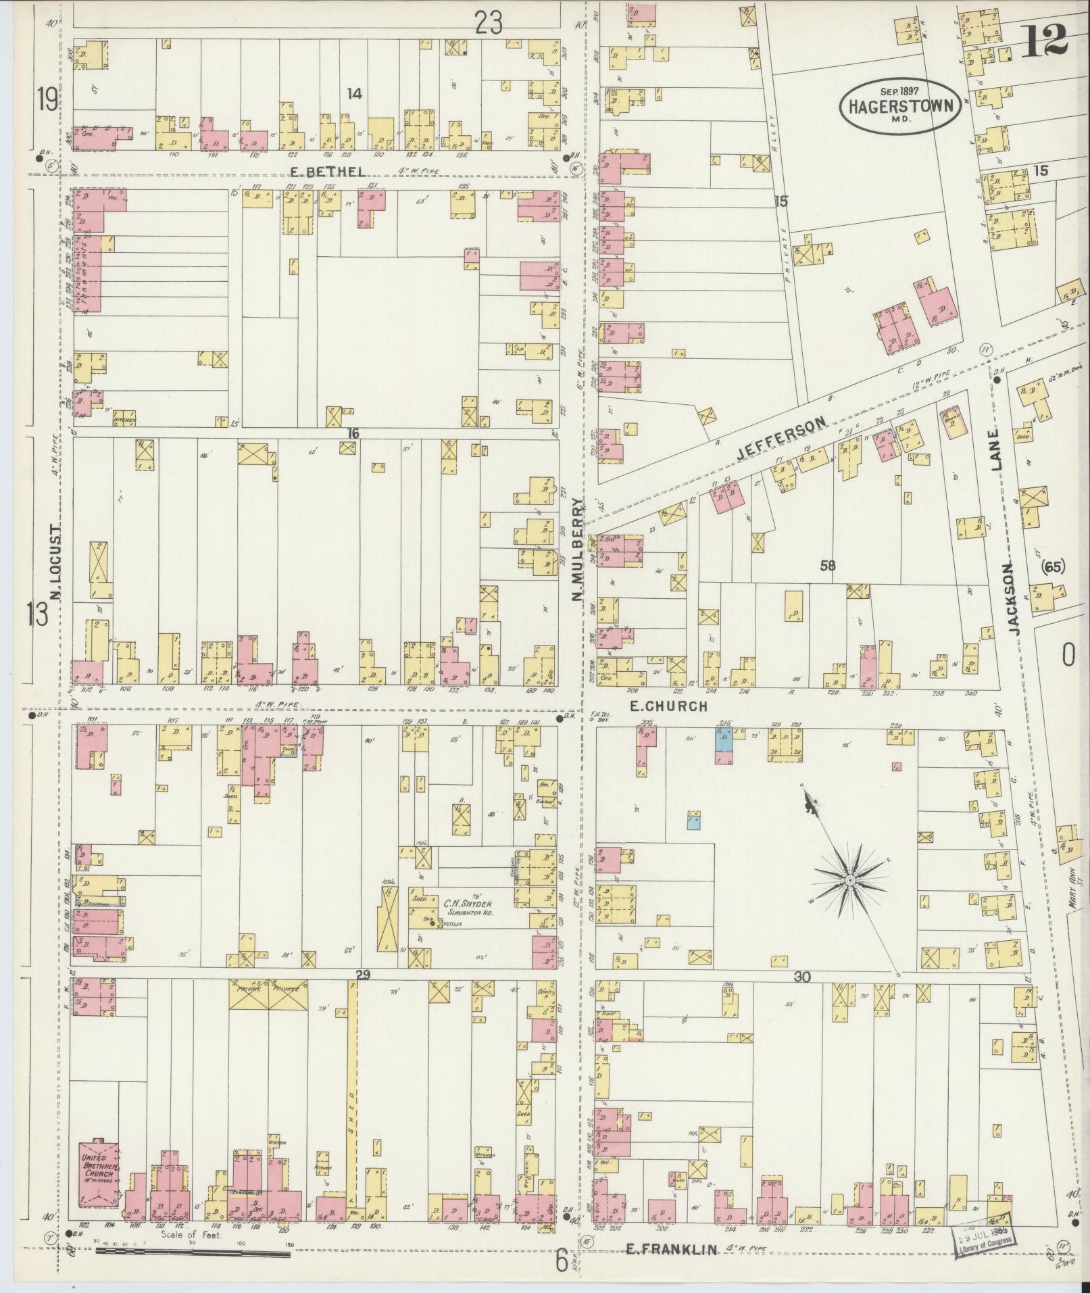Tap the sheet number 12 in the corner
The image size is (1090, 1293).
[1045, 41]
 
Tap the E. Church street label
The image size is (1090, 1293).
[668, 706]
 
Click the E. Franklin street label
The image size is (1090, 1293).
[670, 1250]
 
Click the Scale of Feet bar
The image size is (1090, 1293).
[193, 1254]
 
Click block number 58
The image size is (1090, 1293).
[827, 565]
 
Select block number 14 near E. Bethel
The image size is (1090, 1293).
[354, 94]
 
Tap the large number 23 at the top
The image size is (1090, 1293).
[489, 24]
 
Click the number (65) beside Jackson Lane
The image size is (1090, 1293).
[1053, 568]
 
